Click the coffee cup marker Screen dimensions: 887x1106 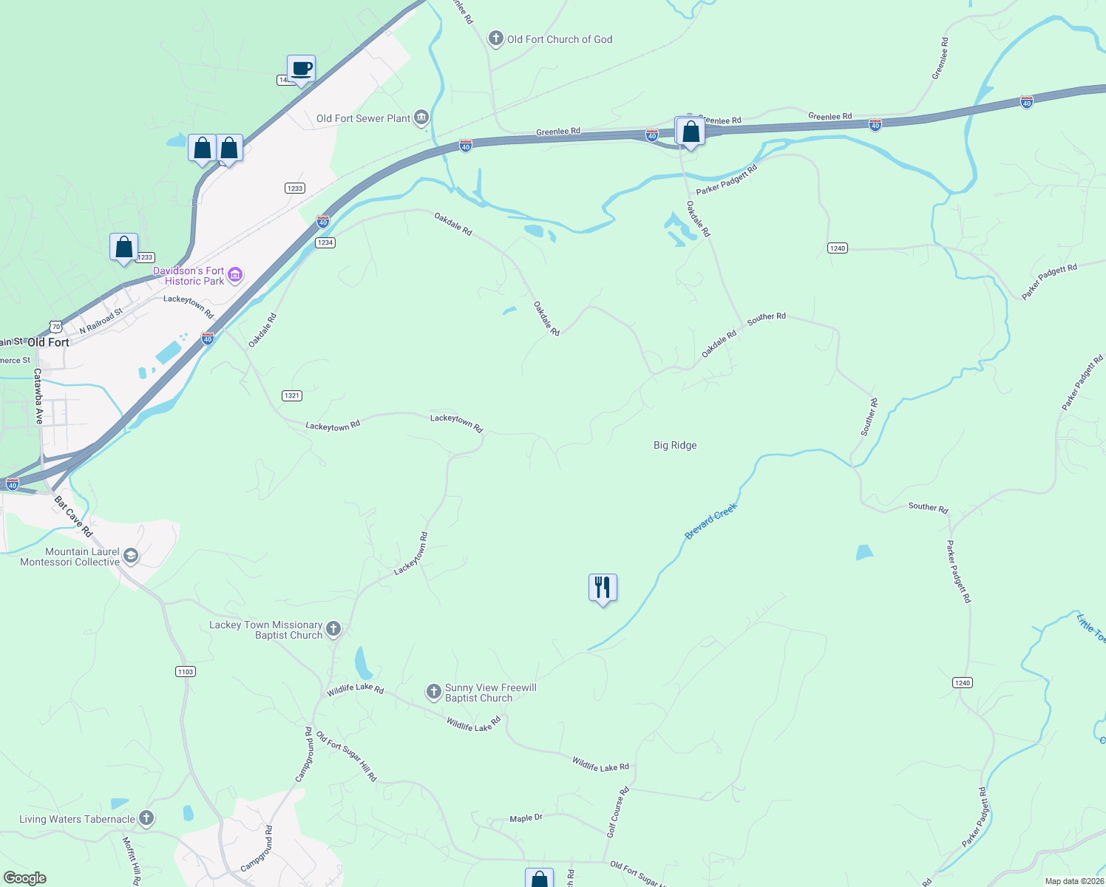click(301, 69)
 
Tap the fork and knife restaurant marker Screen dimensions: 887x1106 click(603, 588)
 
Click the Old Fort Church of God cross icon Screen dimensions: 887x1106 click(495, 38)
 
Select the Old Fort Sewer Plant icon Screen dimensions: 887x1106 click(421, 118)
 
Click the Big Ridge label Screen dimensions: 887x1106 click(675, 445)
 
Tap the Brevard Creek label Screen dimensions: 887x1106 click(710, 521)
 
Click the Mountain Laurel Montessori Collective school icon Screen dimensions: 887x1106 click(131, 556)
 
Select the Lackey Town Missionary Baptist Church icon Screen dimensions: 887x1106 click(333, 629)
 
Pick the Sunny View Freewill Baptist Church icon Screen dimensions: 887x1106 click(434, 692)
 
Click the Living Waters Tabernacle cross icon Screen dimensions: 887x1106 click(146, 818)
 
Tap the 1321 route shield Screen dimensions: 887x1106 click(292, 395)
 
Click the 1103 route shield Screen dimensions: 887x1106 click(186, 671)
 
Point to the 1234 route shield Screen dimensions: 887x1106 click(325, 242)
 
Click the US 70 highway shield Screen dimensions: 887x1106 click(56, 326)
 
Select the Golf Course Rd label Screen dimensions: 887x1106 click(617, 812)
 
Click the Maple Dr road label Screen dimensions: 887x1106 click(526, 818)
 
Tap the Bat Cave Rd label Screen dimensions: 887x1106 click(73, 516)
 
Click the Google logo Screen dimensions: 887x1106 click(24, 877)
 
